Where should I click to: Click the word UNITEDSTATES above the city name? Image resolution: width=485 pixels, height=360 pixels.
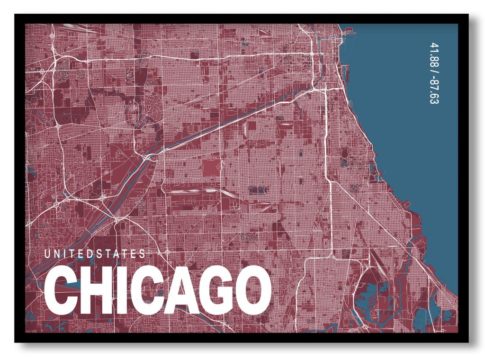point(95,254)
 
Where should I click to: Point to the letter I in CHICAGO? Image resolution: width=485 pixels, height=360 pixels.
point(118,290)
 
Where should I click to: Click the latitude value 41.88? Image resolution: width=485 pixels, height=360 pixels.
point(432,54)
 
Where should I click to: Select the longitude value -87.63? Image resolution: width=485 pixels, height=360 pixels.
point(432,90)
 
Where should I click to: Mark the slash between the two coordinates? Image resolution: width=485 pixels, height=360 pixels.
point(432,70)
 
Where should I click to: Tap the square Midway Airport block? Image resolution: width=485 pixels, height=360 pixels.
point(211,167)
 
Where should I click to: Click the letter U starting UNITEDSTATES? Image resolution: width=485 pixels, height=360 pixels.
point(47,254)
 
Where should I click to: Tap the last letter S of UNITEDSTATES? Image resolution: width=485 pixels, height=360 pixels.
point(143,254)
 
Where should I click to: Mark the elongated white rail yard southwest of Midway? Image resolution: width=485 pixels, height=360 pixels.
point(189,192)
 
